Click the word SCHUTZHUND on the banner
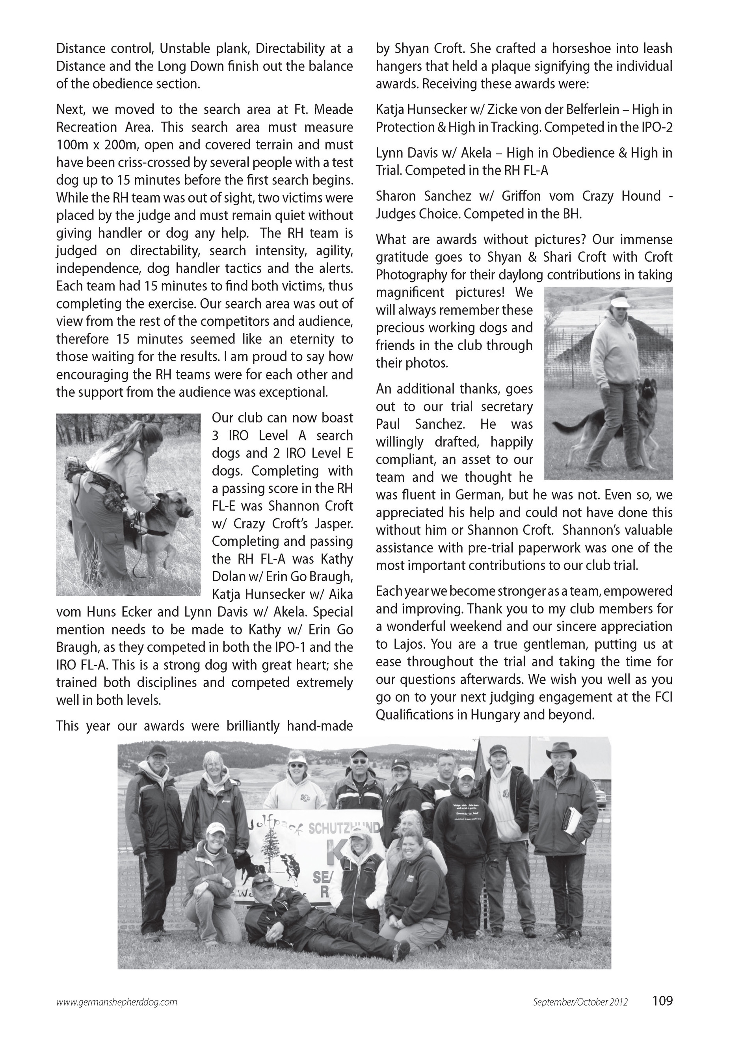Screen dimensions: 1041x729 click(344, 828)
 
